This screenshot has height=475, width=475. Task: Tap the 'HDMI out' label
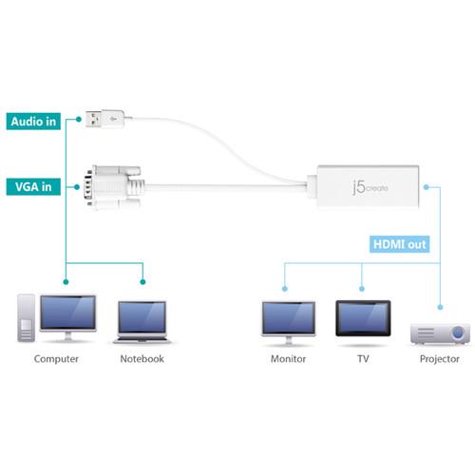coord(399,245)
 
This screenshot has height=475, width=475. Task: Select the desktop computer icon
coord(57,318)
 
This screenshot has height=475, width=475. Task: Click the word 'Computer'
coord(56,359)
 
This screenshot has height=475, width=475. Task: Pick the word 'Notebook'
coord(142,359)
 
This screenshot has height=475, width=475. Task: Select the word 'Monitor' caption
coord(287,359)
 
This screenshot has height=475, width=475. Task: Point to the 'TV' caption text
coord(361,359)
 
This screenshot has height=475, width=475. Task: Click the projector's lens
coord(457,333)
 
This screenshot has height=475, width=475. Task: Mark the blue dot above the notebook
coord(142,281)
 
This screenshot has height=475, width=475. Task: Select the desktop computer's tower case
coord(27,318)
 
